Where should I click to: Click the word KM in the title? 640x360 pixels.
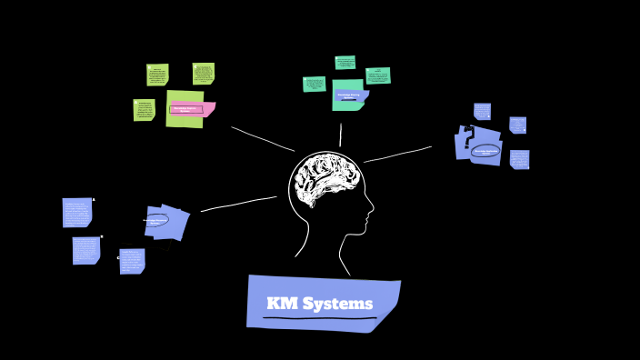tap(282, 304)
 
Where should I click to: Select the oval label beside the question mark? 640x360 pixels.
tap(485, 151)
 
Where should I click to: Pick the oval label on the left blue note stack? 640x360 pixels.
tap(156, 220)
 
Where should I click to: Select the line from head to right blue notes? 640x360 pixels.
tap(397, 155)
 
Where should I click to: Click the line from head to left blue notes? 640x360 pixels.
tap(238, 204)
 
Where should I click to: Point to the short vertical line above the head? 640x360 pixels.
tap(341, 135)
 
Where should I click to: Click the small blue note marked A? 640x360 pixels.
tap(77, 212)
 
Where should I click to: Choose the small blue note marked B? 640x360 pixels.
tap(86, 250)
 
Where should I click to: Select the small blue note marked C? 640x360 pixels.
tap(132, 261)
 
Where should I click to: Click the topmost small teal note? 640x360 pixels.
tap(345, 63)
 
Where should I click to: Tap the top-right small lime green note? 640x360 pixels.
tap(203, 74)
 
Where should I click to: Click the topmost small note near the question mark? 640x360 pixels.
tap(482, 111)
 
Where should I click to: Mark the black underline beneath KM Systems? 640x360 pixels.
tap(319, 318)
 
